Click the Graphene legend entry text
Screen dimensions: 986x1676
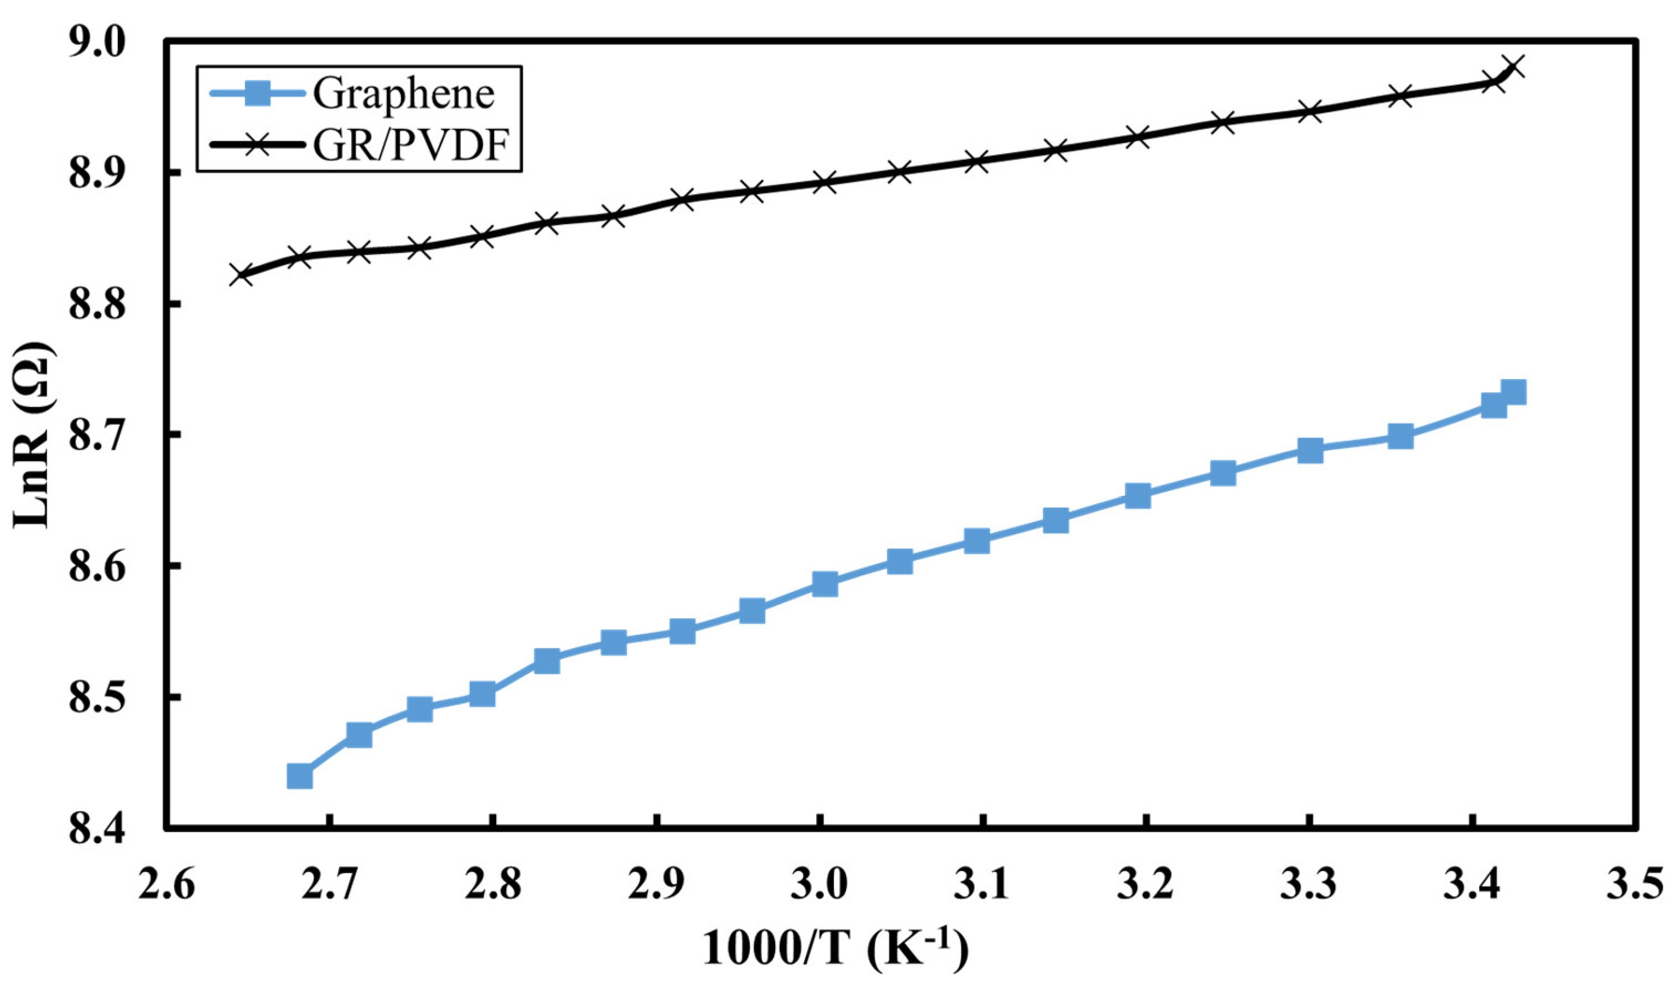point(404,95)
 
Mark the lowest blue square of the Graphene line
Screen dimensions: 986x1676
point(300,776)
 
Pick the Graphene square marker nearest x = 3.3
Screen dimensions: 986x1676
point(1310,451)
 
